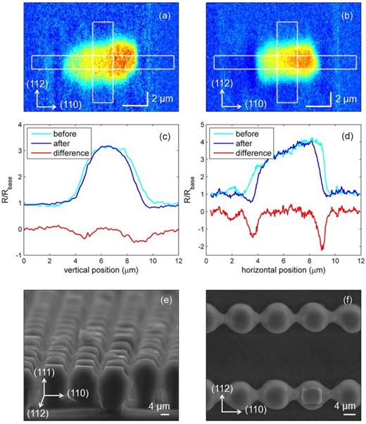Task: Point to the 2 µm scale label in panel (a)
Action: (163, 100)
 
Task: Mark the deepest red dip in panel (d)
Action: (322, 249)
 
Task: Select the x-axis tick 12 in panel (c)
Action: (177, 262)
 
